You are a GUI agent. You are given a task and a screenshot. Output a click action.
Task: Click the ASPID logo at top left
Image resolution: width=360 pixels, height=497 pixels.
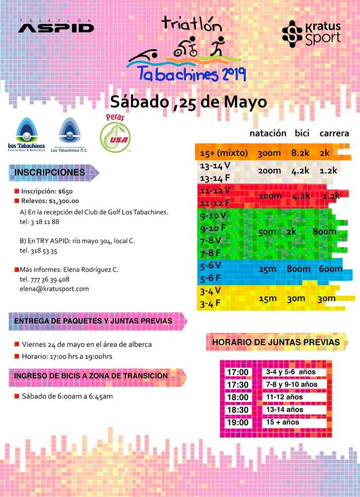56,26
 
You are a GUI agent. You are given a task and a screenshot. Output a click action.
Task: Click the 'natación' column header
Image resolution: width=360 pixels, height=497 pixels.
267,133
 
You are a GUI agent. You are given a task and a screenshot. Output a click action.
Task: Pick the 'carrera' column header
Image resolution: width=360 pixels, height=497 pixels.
334,133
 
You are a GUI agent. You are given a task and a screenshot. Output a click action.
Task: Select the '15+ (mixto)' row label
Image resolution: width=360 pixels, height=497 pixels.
224,154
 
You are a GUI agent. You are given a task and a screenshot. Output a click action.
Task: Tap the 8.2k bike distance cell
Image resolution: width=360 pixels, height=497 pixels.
300,154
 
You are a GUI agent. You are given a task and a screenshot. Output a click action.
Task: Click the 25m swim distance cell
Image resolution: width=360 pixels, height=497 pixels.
267,269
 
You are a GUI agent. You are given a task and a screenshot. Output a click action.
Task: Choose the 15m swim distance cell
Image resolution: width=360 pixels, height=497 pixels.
267,298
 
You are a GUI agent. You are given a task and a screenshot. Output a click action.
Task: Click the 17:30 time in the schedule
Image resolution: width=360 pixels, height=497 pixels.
237,385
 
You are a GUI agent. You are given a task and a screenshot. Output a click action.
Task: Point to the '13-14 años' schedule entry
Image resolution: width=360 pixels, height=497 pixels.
284,410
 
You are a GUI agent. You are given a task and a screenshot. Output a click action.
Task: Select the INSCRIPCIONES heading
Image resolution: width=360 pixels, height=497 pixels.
50,172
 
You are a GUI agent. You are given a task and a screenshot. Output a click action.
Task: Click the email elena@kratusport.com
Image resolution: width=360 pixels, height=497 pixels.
54,288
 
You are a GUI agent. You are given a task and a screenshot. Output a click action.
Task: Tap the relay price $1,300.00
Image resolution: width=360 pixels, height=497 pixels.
64,201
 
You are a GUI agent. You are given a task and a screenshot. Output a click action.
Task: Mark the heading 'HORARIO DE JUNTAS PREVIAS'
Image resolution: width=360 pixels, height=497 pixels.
276,342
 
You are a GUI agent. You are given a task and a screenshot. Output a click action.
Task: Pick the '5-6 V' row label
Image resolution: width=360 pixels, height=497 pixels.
211,265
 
